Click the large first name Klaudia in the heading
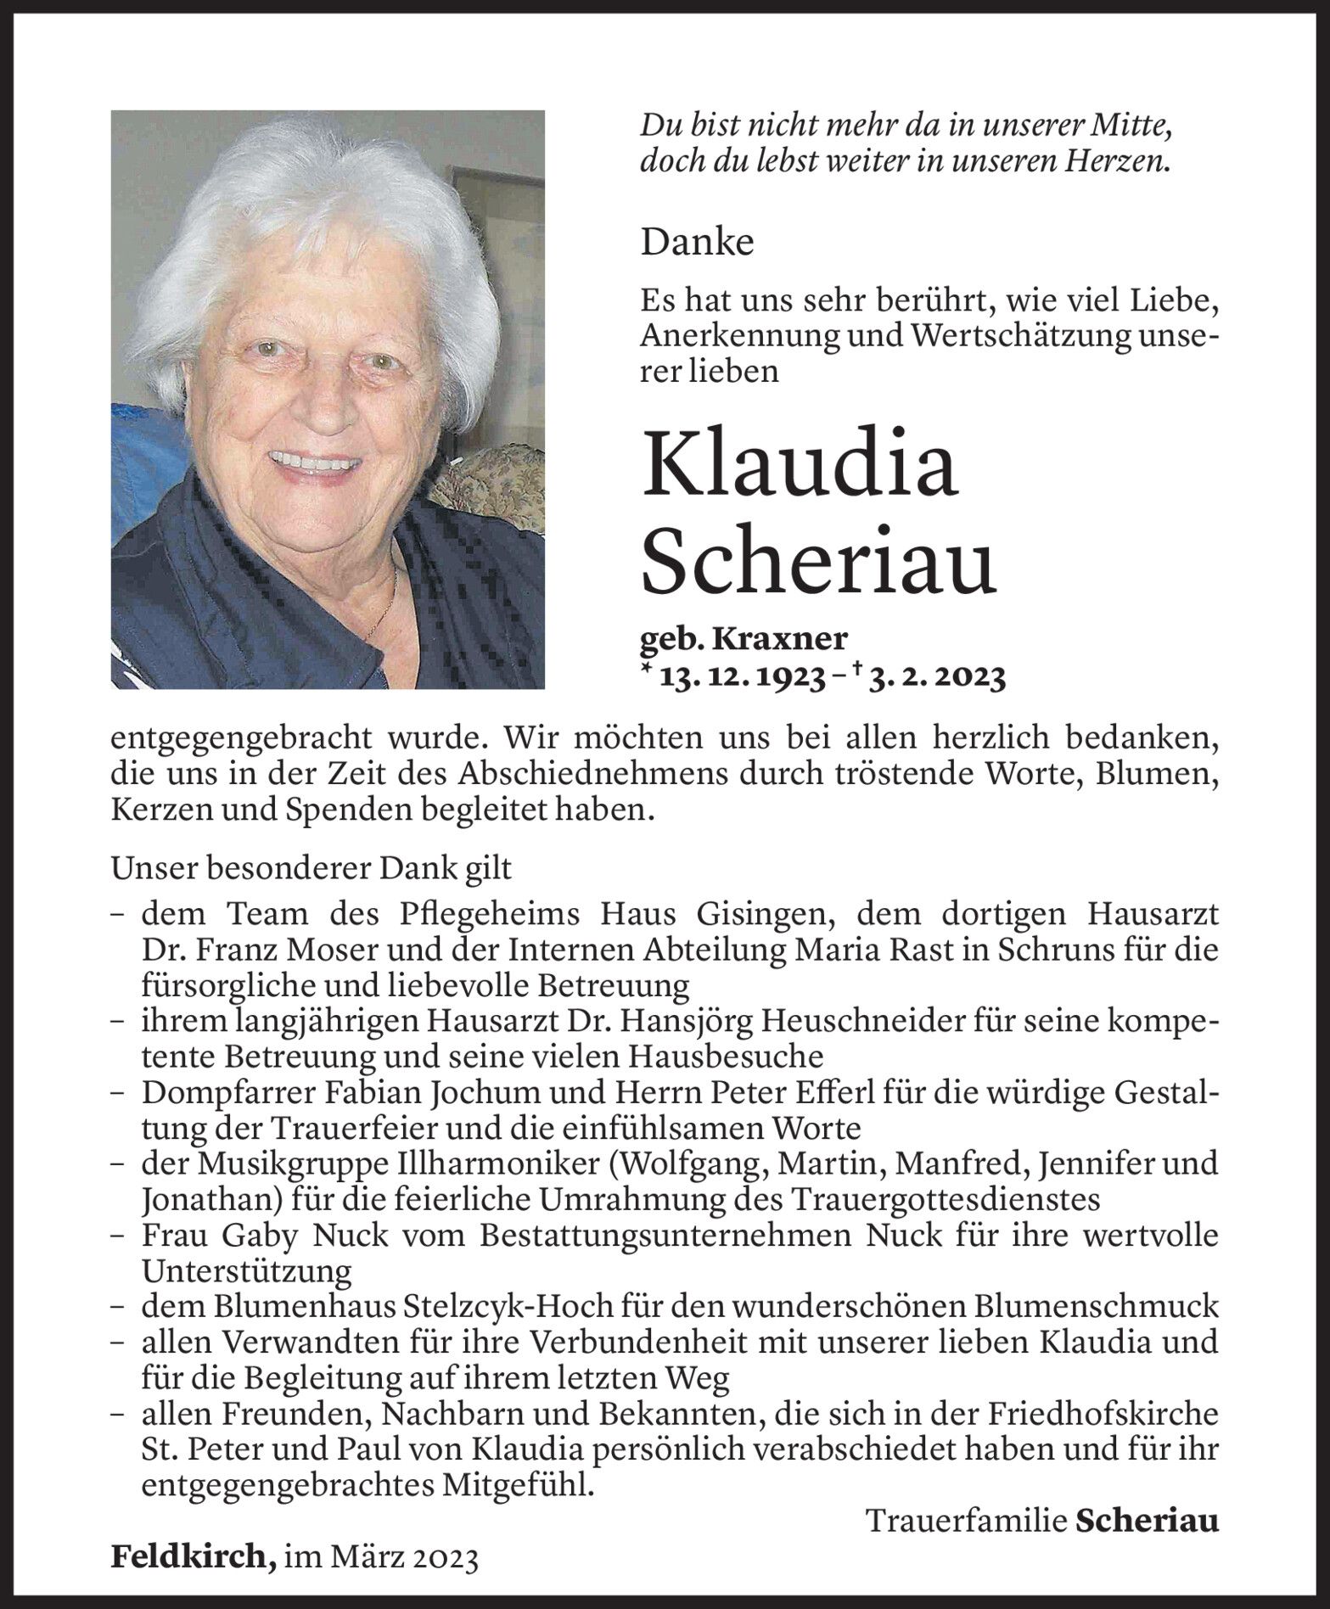pyautogui.click(x=800, y=465)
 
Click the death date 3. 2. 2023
pyautogui.click(x=936, y=676)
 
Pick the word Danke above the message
pyautogui.click(x=697, y=244)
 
